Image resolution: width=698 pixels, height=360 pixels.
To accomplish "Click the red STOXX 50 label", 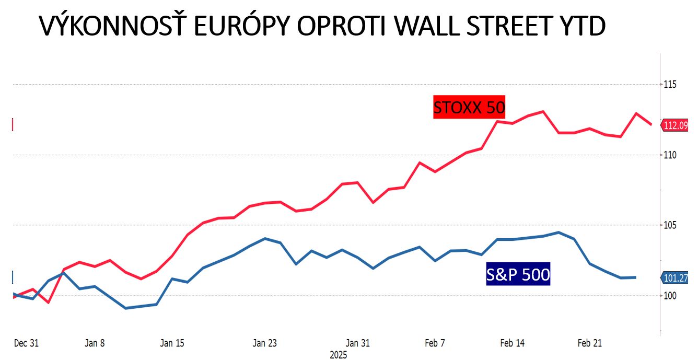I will pos(469,108).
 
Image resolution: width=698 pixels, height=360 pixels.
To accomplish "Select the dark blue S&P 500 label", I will pos(518,274).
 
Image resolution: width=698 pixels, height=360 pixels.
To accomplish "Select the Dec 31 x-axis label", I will pos(26,343).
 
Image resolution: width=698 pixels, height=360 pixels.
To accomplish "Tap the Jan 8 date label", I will pos(95,343).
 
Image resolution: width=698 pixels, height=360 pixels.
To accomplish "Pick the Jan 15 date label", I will pos(172,343).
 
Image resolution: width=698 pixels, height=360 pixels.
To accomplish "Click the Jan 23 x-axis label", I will pos(265,343).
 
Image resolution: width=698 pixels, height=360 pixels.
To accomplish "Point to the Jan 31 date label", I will pos(358,343).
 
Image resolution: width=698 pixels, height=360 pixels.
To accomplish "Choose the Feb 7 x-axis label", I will pos(435,343).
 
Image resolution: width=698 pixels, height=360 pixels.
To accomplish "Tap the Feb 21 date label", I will pos(590,343).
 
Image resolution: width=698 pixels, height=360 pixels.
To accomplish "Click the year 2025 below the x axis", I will pos(338,355).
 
